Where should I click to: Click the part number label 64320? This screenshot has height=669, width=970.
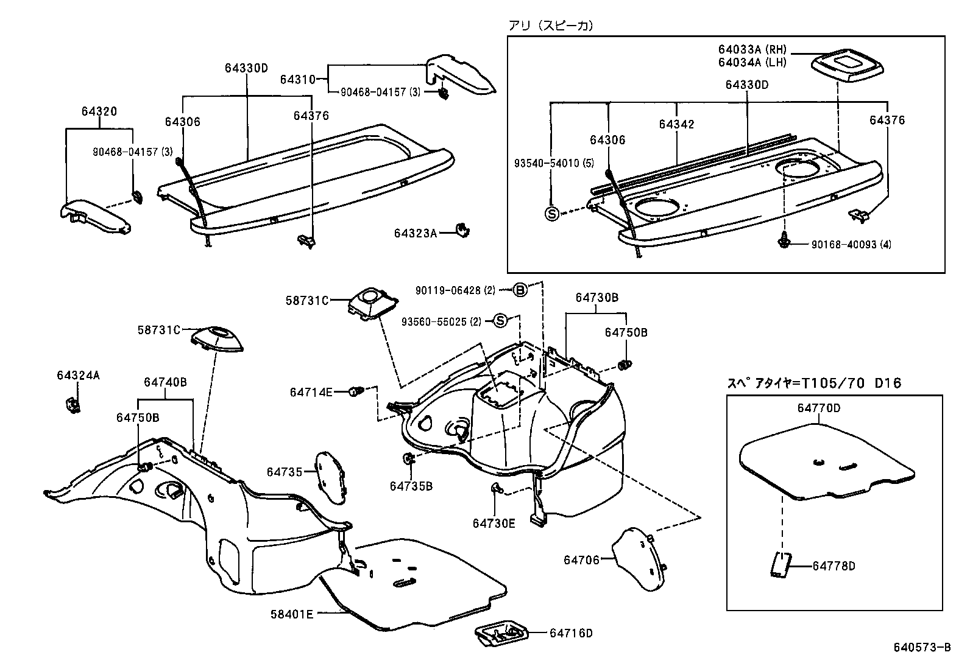[x=99, y=111]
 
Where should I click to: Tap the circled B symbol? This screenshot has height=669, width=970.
[x=520, y=290]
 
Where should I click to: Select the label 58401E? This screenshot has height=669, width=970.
[x=292, y=614]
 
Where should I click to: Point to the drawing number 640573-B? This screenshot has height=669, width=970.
[x=922, y=647]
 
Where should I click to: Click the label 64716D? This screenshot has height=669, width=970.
[x=570, y=633]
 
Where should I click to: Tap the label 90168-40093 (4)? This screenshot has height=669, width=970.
[x=851, y=244]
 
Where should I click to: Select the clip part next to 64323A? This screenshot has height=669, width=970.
[x=464, y=230]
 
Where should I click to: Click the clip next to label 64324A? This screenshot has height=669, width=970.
[x=72, y=404]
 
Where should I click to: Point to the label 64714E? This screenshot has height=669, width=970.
[x=311, y=393]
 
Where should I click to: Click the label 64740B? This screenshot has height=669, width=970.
[x=165, y=382]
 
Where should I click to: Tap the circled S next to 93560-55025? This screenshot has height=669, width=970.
[x=500, y=320]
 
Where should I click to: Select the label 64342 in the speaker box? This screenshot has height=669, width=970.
[x=676, y=124]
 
